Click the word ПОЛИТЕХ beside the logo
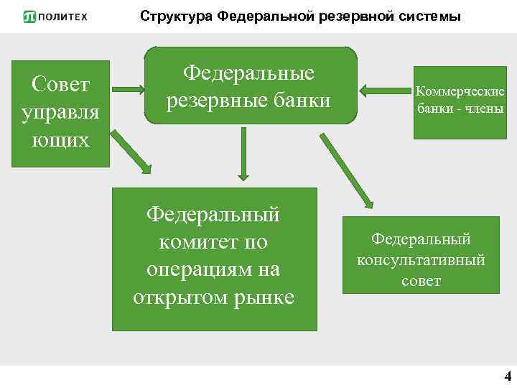(x=63, y=17)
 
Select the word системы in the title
(x=427, y=16)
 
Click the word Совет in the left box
(x=61, y=86)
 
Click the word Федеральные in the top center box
(x=249, y=73)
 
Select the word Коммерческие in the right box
(x=460, y=91)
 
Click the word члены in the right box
(x=483, y=109)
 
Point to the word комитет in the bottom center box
(x=213, y=242)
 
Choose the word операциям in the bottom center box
(x=213, y=269)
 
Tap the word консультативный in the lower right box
(x=421, y=259)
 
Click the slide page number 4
(x=508, y=377)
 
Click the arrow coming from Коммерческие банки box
(x=383, y=91)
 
